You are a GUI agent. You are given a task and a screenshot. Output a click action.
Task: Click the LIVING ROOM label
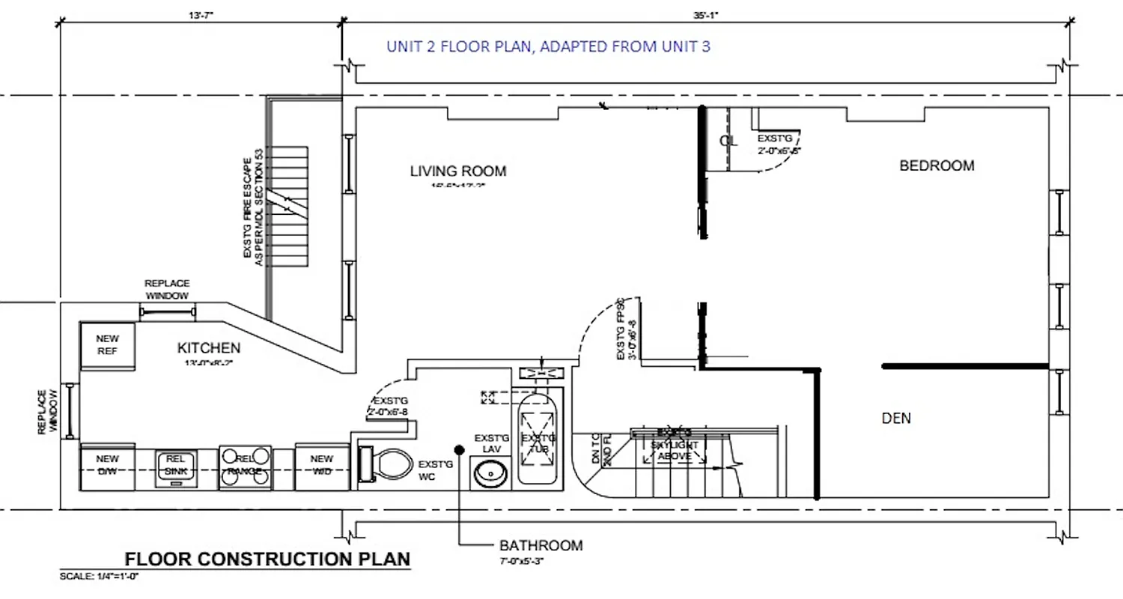(457, 171)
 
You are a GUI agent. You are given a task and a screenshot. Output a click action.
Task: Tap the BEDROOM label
(937, 165)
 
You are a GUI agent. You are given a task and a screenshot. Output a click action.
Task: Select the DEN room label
(896, 419)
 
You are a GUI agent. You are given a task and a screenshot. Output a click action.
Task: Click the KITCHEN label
(209, 347)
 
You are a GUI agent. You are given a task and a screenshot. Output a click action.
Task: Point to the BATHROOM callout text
(541, 545)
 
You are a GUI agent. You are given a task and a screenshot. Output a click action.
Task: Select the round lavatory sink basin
(491, 473)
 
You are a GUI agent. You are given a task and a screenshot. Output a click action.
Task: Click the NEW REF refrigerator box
(109, 345)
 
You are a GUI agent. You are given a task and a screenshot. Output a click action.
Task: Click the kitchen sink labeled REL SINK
(175, 467)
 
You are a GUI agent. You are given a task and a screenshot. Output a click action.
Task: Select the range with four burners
(245, 467)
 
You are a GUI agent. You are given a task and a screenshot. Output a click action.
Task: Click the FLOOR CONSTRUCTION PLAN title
(267, 559)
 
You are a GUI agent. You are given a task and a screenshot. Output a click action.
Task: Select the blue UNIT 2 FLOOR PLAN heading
(548, 46)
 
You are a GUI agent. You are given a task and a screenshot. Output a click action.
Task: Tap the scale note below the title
(100, 576)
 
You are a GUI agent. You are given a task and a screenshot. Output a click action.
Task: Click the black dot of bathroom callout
(458, 449)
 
